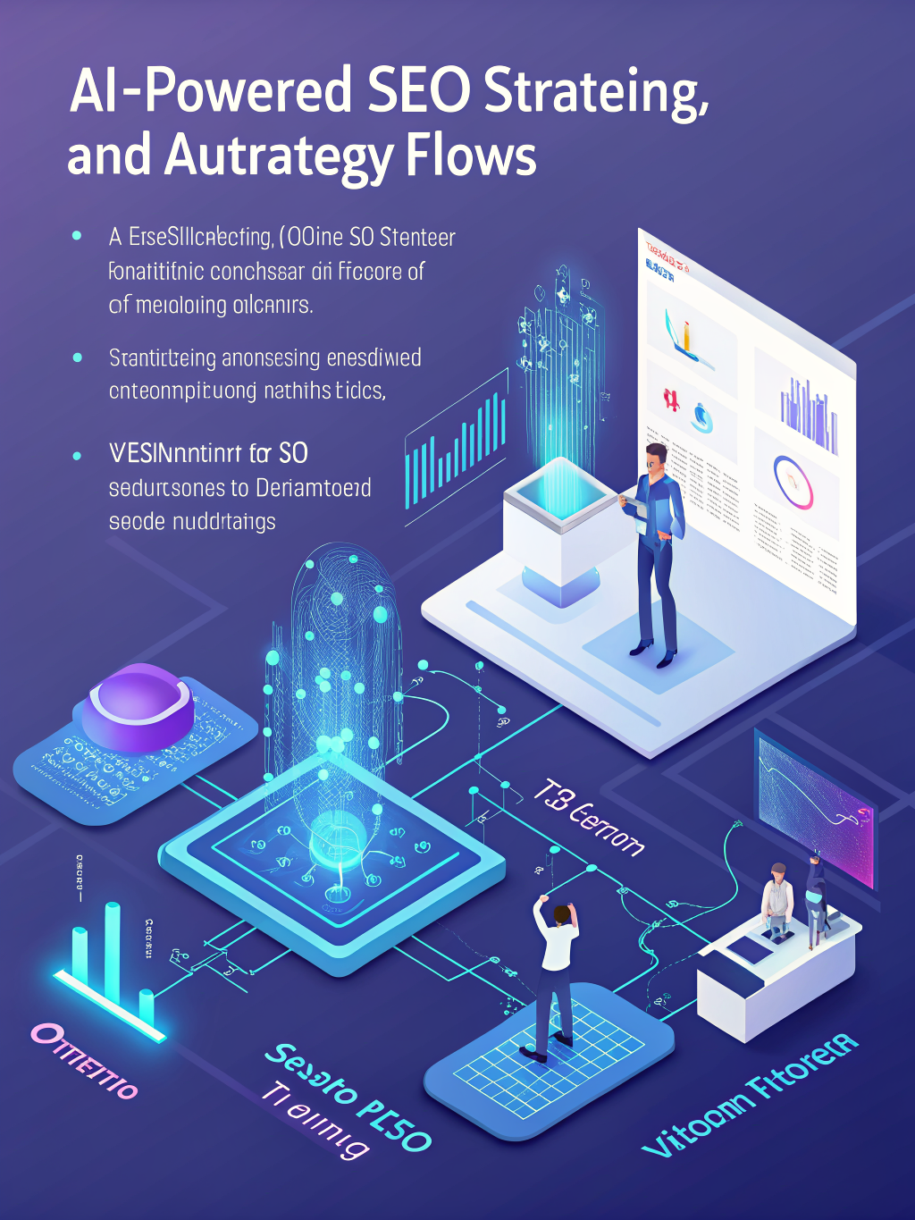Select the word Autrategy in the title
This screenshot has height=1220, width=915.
tap(278, 156)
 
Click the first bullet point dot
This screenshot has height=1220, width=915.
tap(77, 236)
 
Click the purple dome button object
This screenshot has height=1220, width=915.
tap(138, 706)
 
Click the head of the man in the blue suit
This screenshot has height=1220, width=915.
tap(655, 459)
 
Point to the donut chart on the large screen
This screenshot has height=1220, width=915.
tap(793, 482)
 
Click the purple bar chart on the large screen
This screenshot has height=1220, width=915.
tap(809, 414)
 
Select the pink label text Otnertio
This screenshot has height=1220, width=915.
tap(85, 1059)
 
